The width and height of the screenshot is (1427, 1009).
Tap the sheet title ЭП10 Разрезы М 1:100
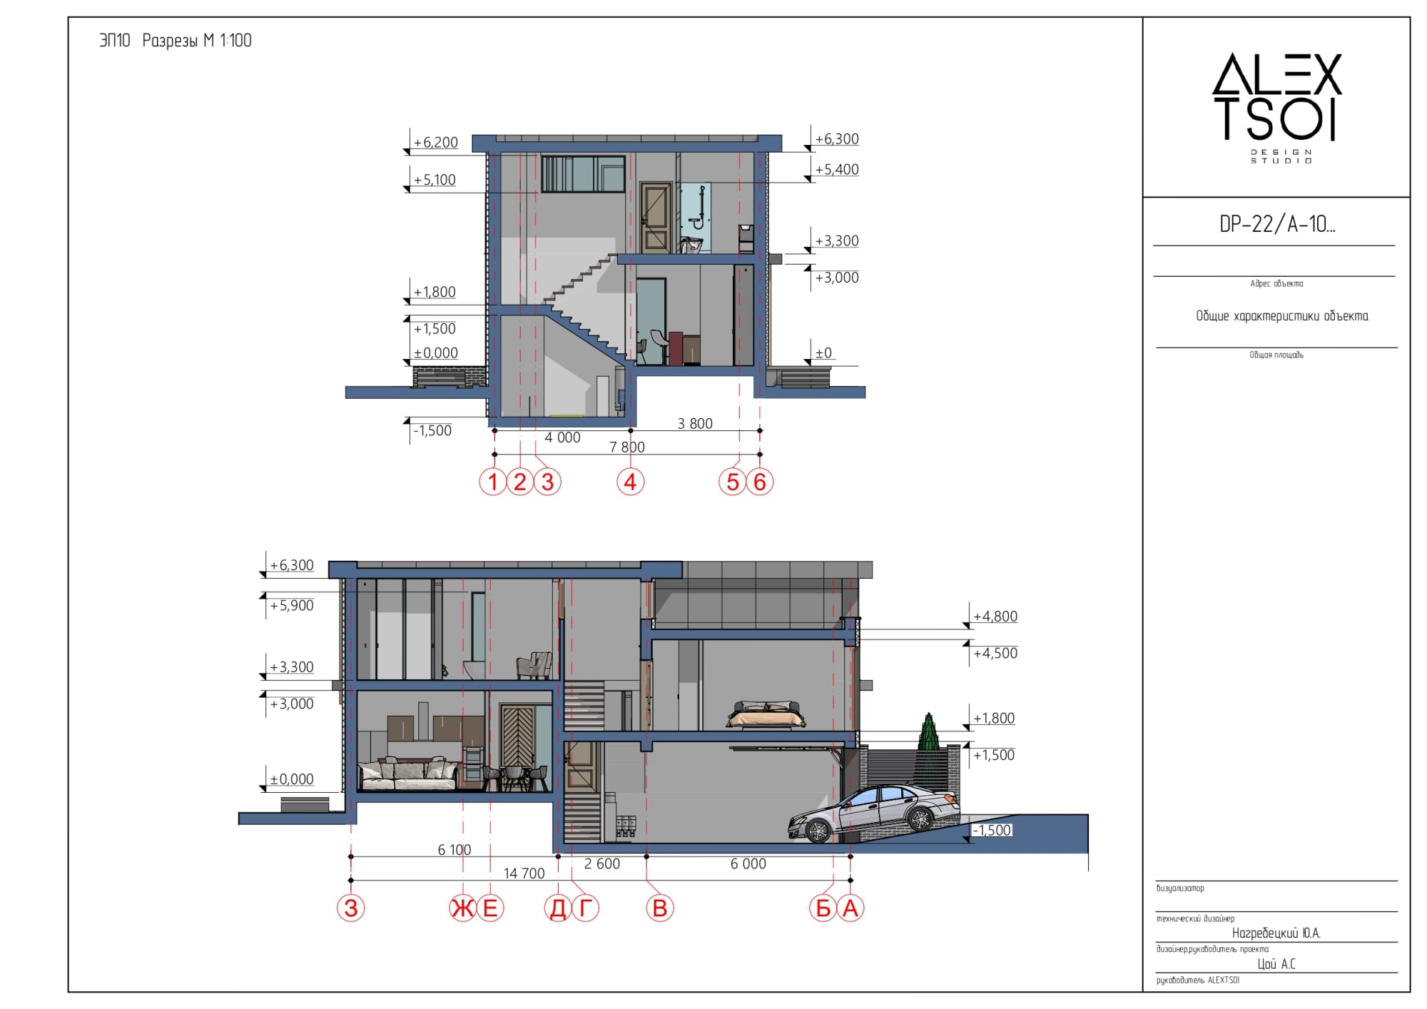click(176, 41)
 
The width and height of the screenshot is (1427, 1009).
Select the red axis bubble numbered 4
click(630, 482)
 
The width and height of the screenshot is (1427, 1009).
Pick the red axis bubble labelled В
click(660, 908)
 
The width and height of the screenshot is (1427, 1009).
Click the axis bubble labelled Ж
click(463, 908)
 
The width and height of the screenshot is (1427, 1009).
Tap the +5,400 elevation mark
click(837, 170)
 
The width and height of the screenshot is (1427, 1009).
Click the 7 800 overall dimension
click(627, 447)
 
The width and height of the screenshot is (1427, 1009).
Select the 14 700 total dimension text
click(524, 873)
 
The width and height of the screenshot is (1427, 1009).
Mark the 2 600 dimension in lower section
click(602, 864)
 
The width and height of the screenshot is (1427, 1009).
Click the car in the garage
click(873, 813)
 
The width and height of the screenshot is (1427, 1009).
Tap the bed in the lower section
click(766, 714)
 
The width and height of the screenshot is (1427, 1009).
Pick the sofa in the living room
click(408, 776)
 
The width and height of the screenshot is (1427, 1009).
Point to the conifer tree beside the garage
click(928, 731)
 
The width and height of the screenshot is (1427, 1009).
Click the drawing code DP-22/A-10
click(1277, 225)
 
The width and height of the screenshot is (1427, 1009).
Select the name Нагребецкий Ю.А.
click(1276, 933)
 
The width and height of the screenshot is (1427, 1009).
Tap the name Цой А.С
click(1276, 964)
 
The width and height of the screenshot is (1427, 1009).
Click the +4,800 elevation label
click(995, 617)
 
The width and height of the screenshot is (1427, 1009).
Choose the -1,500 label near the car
click(992, 831)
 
